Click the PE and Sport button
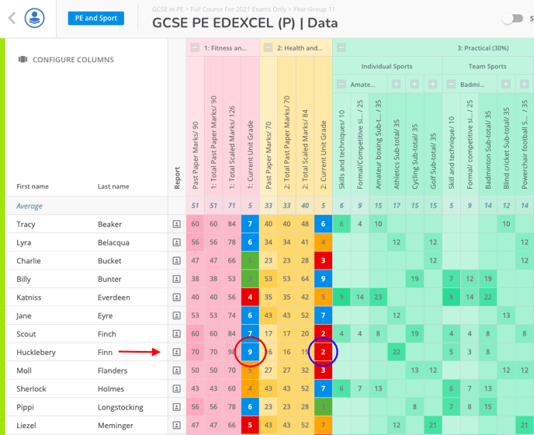coord(97,18)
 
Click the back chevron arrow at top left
coord(11,18)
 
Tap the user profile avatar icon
coord(35,18)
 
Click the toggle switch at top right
coord(513,19)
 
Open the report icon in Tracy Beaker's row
coord(176,224)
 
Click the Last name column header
coord(113,186)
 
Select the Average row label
coord(29,206)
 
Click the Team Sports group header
coord(487,67)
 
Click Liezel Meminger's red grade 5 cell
coord(249,426)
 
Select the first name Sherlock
coord(31,389)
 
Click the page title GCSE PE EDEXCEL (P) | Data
coord(244,23)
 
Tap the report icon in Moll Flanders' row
coord(176,371)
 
